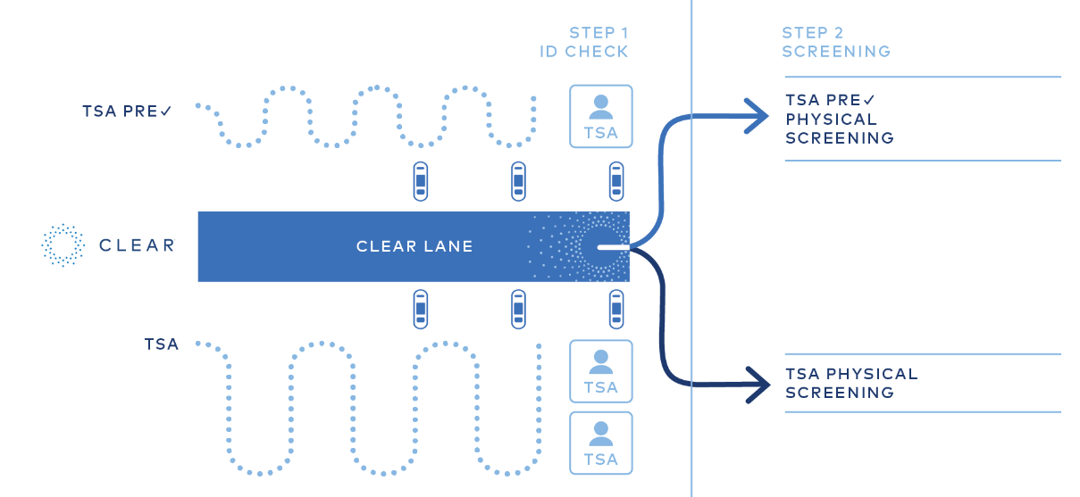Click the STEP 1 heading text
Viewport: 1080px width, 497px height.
click(x=599, y=33)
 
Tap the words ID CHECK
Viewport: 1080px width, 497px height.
click(x=584, y=52)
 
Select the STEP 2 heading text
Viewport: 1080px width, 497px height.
click(x=812, y=33)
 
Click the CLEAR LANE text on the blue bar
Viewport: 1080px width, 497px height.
click(x=414, y=246)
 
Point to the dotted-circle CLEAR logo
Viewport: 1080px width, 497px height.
click(x=63, y=245)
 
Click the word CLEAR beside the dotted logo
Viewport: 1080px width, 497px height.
click(x=137, y=245)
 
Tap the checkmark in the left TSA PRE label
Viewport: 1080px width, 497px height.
click(x=165, y=112)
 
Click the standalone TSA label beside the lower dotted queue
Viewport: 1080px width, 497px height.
click(x=162, y=344)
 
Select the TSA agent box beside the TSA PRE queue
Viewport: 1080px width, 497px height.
click(x=601, y=117)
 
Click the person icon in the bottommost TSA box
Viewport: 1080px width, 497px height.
click(x=601, y=434)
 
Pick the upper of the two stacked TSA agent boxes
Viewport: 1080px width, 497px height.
click(x=601, y=371)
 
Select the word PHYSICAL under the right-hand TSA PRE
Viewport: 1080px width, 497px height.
click(x=831, y=120)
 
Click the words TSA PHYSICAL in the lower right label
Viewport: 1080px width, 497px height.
click(x=851, y=374)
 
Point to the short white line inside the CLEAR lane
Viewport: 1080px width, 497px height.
click(x=614, y=247)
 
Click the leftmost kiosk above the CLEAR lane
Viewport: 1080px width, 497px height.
click(x=421, y=181)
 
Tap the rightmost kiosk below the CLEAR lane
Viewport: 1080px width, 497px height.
click(x=616, y=310)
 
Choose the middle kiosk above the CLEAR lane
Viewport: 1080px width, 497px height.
click(x=518, y=181)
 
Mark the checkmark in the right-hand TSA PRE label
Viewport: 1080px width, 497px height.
click(x=868, y=100)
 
